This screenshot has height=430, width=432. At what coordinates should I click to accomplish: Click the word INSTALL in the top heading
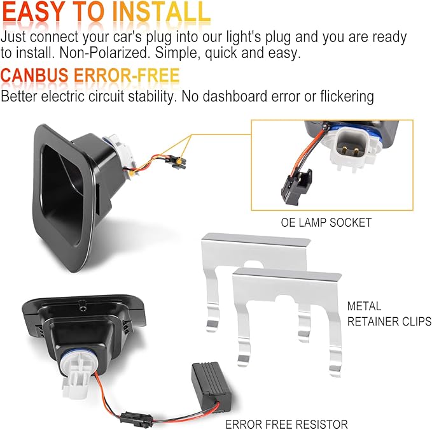tap(162, 12)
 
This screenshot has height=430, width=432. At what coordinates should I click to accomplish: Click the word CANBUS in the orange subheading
tap(34, 75)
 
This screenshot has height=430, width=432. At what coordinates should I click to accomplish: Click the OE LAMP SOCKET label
tap(326, 222)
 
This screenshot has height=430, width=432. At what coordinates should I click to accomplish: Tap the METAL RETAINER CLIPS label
tap(389, 314)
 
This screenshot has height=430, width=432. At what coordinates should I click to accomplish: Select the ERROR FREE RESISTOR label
tap(286, 424)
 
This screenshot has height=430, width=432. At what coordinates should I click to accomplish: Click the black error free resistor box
tap(211, 387)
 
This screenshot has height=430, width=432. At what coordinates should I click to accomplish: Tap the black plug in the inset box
tap(296, 187)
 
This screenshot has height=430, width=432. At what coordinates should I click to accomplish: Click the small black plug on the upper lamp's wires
tap(176, 162)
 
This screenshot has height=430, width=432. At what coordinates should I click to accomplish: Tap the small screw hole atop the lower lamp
tap(82, 306)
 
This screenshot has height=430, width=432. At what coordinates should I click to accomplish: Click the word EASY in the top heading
tap(34, 12)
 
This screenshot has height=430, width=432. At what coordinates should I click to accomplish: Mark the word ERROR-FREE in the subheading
tap(127, 75)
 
